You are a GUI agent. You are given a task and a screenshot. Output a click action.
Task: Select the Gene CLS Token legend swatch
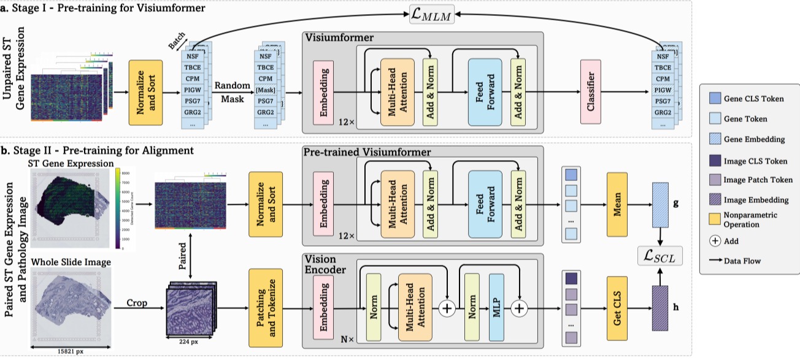coord(713,99)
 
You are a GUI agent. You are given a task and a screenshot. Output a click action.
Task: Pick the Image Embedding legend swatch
coord(713,200)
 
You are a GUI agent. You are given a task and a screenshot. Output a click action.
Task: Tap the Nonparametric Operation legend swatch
coord(713,219)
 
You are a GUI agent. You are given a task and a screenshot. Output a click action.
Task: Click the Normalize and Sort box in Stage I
coord(145,90)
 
